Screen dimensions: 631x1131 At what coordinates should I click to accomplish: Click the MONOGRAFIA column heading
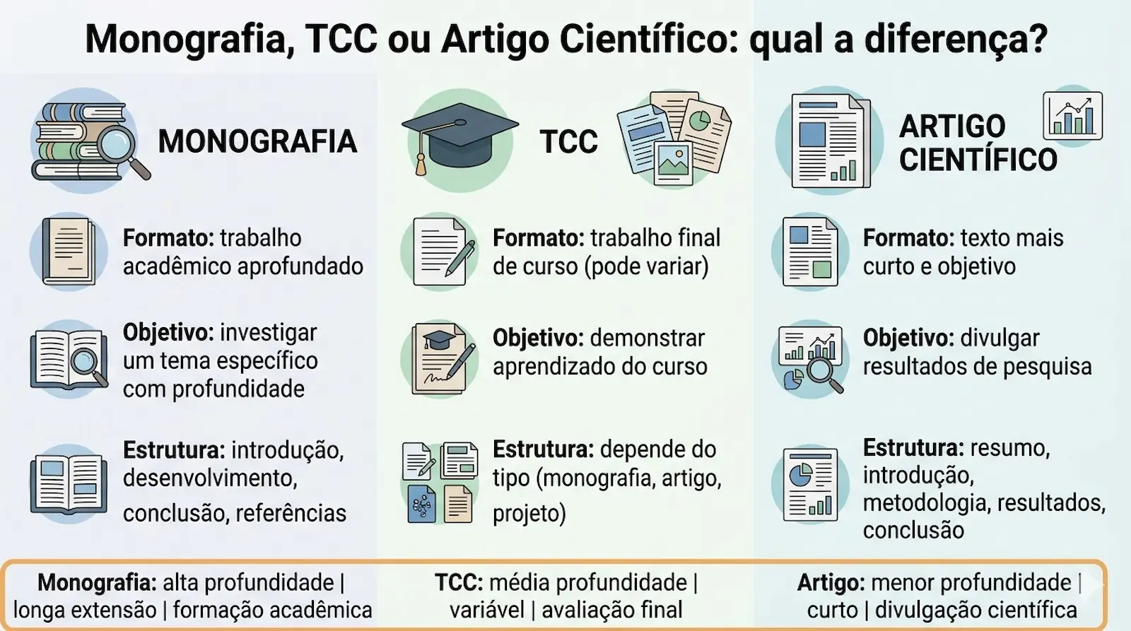pyautogui.click(x=257, y=141)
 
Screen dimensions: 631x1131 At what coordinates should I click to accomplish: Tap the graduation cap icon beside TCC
pyautogui.click(x=459, y=138)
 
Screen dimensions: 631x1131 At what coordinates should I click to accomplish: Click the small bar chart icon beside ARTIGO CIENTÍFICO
pyautogui.click(x=1072, y=115)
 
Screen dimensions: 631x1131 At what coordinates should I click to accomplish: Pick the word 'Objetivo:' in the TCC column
pyautogui.click(x=537, y=338)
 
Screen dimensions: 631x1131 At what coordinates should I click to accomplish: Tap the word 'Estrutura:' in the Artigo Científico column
pyautogui.click(x=913, y=447)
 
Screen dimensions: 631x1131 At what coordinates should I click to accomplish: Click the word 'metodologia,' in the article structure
pyautogui.click(x=917, y=502)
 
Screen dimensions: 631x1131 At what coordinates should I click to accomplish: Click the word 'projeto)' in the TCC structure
pyautogui.click(x=529, y=514)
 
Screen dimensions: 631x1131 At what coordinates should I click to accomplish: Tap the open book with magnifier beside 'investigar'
pyautogui.click(x=69, y=359)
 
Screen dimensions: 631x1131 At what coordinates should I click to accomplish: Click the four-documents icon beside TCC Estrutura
pyautogui.click(x=439, y=482)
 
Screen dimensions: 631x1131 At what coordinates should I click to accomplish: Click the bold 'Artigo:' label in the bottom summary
pyautogui.click(x=831, y=582)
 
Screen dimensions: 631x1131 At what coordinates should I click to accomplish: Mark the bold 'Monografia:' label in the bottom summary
pyautogui.click(x=97, y=582)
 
